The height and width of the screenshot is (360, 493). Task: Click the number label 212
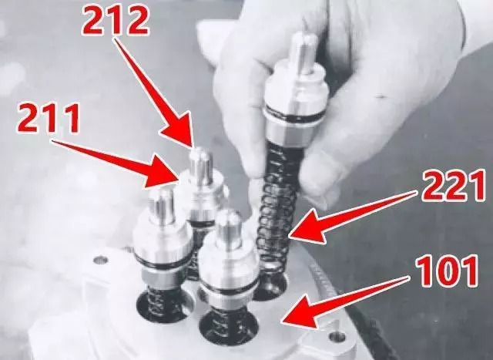(115, 21)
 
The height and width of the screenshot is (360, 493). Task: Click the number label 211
(48, 119)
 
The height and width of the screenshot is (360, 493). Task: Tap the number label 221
(453, 187)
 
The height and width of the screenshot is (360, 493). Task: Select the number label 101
(447, 272)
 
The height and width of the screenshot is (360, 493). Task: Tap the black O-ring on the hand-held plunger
(295, 113)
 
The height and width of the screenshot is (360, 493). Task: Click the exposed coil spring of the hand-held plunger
(277, 217)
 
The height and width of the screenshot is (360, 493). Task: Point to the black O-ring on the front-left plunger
(161, 264)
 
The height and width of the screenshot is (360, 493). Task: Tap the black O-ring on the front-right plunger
(229, 291)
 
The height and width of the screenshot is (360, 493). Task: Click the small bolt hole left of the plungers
(101, 261)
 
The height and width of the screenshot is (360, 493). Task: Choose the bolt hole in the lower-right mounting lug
(337, 338)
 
